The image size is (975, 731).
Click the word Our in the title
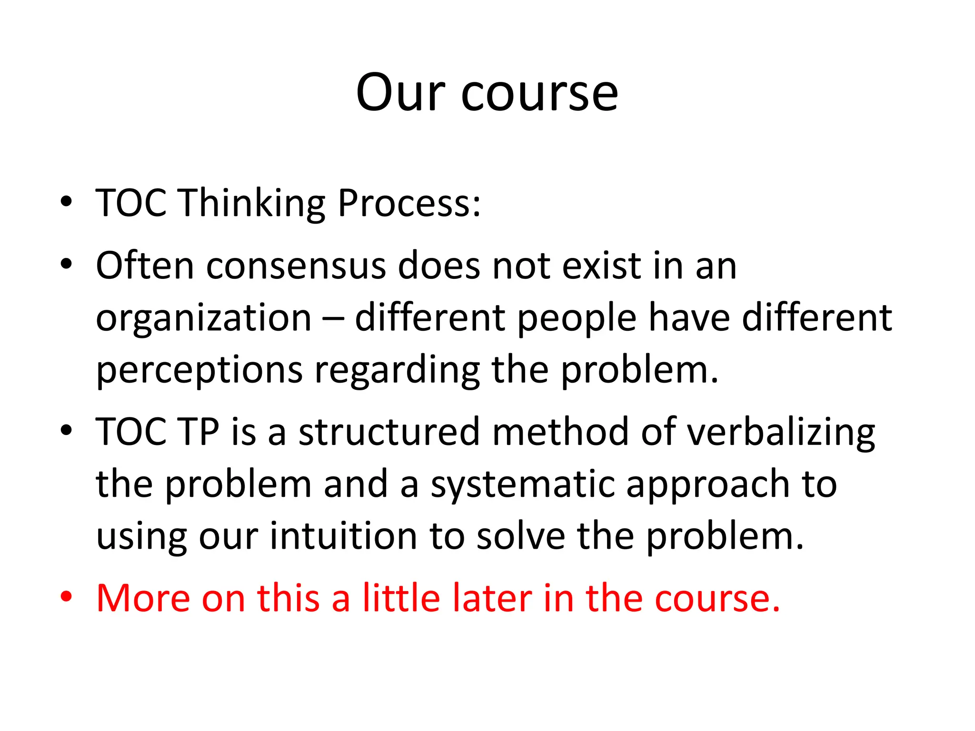[400, 93]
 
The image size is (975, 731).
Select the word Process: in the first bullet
[409, 203]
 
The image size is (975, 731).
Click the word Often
[145, 265]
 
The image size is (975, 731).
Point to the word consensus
[296, 266]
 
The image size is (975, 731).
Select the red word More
[143, 598]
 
